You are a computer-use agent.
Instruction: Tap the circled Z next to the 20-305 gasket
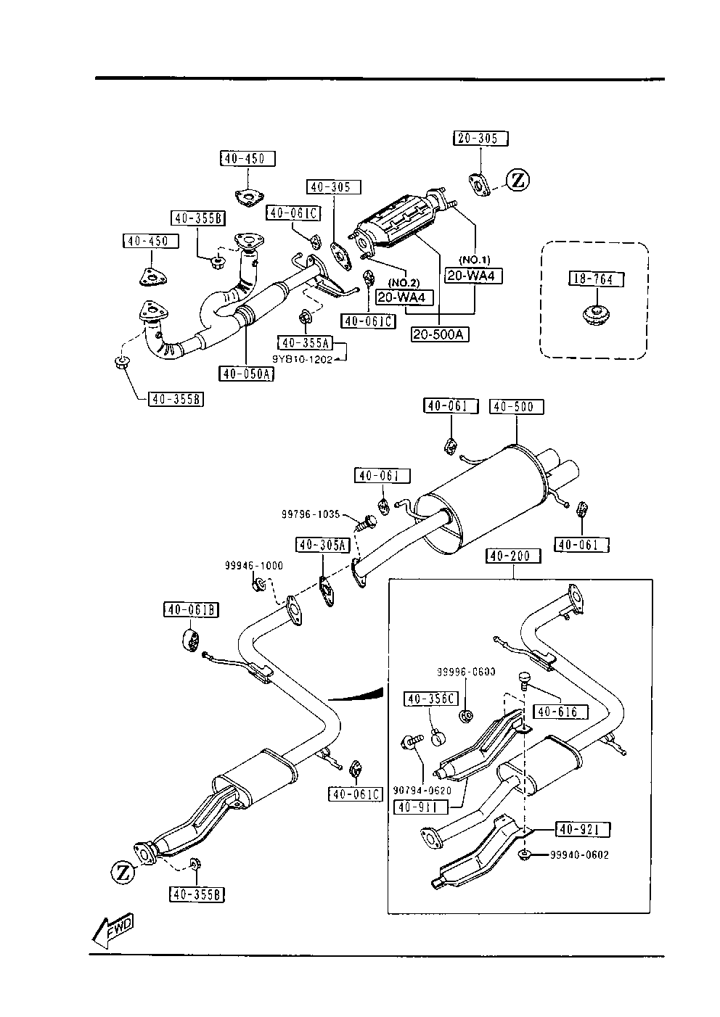(x=518, y=180)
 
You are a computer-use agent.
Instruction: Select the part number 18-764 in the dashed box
(x=595, y=279)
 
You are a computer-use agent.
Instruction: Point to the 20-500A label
(x=440, y=334)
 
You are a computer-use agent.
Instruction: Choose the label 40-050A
(x=246, y=374)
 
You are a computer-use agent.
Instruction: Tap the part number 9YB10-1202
(x=302, y=359)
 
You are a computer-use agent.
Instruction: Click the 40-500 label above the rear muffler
(x=516, y=407)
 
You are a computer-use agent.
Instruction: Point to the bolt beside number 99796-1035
(x=369, y=520)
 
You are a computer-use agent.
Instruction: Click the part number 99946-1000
(x=253, y=566)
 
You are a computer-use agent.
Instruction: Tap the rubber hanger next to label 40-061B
(x=190, y=641)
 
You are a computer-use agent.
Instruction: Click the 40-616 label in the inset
(x=560, y=712)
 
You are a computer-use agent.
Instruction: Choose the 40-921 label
(x=583, y=828)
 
